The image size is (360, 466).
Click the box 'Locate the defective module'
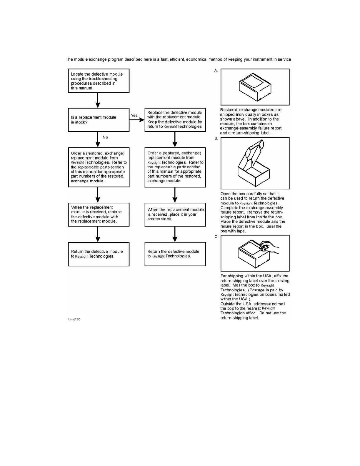[x=99, y=81]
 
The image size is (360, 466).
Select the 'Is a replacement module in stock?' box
[x=99, y=120]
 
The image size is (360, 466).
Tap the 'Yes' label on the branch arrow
[x=134, y=115]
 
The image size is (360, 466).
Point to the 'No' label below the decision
[x=105, y=137]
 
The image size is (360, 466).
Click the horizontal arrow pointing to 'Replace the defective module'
[x=137, y=120]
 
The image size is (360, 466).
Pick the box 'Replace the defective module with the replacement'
[x=175, y=120]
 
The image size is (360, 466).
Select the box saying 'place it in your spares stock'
[x=175, y=214]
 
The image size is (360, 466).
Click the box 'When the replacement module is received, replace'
[x=99, y=214]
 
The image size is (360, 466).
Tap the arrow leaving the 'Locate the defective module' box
[x=98, y=100]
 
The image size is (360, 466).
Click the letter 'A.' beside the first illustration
[x=216, y=71]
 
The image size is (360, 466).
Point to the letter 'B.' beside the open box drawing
[x=216, y=139]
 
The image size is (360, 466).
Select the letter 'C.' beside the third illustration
[x=216, y=237]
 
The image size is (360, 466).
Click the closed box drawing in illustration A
[x=255, y=87]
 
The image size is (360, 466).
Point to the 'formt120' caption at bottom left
[x=74, y=319]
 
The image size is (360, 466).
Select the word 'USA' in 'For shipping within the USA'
[x=267, y=276]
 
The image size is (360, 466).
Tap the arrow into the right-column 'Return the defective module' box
[x=175, y=234]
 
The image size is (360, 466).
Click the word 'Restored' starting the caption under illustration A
[x=229, y=110]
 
